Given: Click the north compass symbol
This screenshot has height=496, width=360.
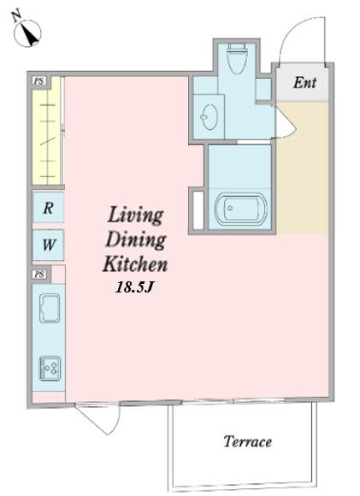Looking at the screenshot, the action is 27,31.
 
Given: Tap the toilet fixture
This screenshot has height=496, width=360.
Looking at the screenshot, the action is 237,58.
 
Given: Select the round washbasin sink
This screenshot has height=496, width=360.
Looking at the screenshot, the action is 210,116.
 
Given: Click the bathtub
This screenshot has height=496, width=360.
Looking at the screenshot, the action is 241,208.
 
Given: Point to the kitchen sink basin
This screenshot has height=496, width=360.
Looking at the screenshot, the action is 50,308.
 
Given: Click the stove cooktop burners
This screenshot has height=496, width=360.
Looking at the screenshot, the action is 50,369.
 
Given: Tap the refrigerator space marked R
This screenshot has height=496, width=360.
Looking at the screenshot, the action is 48,208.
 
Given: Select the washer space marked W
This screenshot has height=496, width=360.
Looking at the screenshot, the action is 48,245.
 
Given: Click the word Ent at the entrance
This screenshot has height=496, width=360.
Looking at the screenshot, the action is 304,83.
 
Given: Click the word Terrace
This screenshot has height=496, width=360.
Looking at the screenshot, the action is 248,441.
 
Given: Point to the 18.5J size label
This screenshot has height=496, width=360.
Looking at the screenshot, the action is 135,287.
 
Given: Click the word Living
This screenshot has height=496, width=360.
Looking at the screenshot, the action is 136,216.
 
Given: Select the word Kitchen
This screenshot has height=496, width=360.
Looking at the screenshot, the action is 135,263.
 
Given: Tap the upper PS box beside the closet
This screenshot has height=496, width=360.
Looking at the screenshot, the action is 39,81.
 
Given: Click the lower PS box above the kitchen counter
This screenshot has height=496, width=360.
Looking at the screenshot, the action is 39,275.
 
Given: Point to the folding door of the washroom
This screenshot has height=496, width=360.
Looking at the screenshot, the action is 286,124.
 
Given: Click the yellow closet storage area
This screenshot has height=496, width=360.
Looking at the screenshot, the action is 46,130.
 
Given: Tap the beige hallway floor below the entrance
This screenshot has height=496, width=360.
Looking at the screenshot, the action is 303,168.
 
